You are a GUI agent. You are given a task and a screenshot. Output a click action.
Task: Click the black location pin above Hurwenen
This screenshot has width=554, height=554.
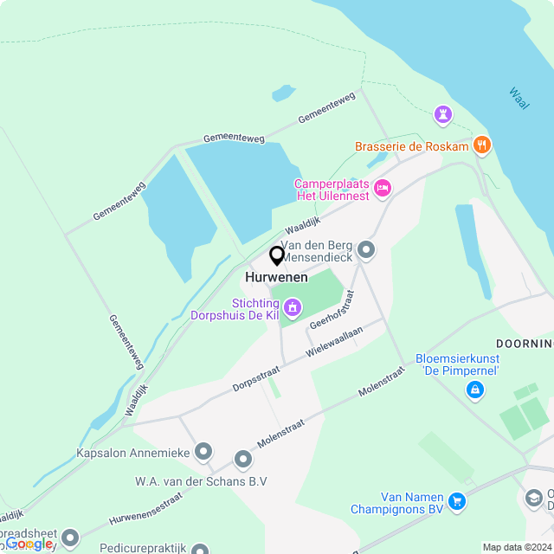pos(277,256)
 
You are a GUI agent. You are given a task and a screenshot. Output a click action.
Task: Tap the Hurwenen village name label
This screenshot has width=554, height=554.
pos(276,277)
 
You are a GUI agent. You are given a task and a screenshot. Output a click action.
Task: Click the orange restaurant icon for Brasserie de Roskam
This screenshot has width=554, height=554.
pos(482,145)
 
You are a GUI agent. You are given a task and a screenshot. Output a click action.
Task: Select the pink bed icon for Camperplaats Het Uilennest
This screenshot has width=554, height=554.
pos(382,188)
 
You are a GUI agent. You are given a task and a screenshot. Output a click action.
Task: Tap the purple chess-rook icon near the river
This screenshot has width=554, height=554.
pos(443,114)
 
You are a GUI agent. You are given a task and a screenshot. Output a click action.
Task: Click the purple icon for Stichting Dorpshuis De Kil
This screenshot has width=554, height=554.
pos(293,307)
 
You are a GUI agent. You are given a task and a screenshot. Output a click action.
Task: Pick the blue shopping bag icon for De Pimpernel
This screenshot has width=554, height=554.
pos(474,391)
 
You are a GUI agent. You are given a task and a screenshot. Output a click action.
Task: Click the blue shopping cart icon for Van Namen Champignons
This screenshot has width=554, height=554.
pos(457,500)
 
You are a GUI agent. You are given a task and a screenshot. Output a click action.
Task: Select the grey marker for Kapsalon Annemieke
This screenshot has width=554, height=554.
pos(203,451)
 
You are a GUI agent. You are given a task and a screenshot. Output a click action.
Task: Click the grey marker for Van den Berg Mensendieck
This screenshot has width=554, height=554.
pos(366,251)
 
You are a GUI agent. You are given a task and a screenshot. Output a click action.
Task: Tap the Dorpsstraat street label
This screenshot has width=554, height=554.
pos(255,377)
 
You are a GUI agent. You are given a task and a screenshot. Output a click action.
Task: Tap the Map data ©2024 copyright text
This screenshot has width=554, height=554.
pos(517,547)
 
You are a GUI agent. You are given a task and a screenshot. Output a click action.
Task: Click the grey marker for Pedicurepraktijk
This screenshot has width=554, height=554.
pos(200,549)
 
